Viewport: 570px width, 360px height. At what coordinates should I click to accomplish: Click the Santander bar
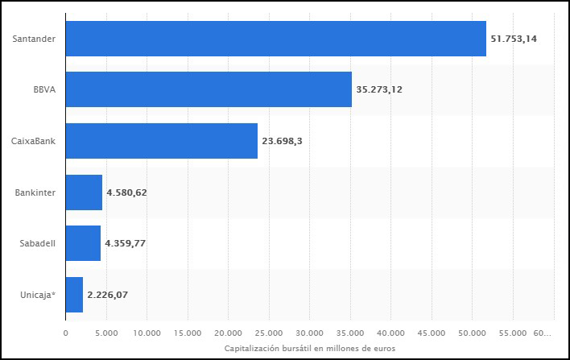[x=275, y=38]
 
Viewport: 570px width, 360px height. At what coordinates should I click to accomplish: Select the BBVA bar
[x=208, y=89]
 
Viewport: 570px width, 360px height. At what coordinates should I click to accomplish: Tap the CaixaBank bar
[x=161, y=141]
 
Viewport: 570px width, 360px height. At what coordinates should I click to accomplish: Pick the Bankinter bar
[x=83, y=192]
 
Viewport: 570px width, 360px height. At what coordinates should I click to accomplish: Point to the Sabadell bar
[x=82, y=243]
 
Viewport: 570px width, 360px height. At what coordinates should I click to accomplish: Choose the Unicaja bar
[x=74, y=295]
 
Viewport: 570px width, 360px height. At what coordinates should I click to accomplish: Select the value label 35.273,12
[x=378, y=89]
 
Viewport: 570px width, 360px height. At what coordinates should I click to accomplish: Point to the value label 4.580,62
[x=126, y=192]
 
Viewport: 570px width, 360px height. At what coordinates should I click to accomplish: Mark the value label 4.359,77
[x=125, y=243]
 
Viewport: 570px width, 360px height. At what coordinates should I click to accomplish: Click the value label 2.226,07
[x=107, y=295]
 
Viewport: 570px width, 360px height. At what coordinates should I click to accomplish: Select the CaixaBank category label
[x=33, y=141]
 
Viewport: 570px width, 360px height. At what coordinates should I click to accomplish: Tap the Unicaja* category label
[x=37, y=295]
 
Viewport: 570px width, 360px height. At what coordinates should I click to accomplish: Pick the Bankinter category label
[x=35, y=192]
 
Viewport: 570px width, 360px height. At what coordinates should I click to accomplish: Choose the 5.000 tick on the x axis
[x=106, y=332]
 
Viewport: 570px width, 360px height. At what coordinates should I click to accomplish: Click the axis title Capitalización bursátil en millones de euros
[x=309, y=347]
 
